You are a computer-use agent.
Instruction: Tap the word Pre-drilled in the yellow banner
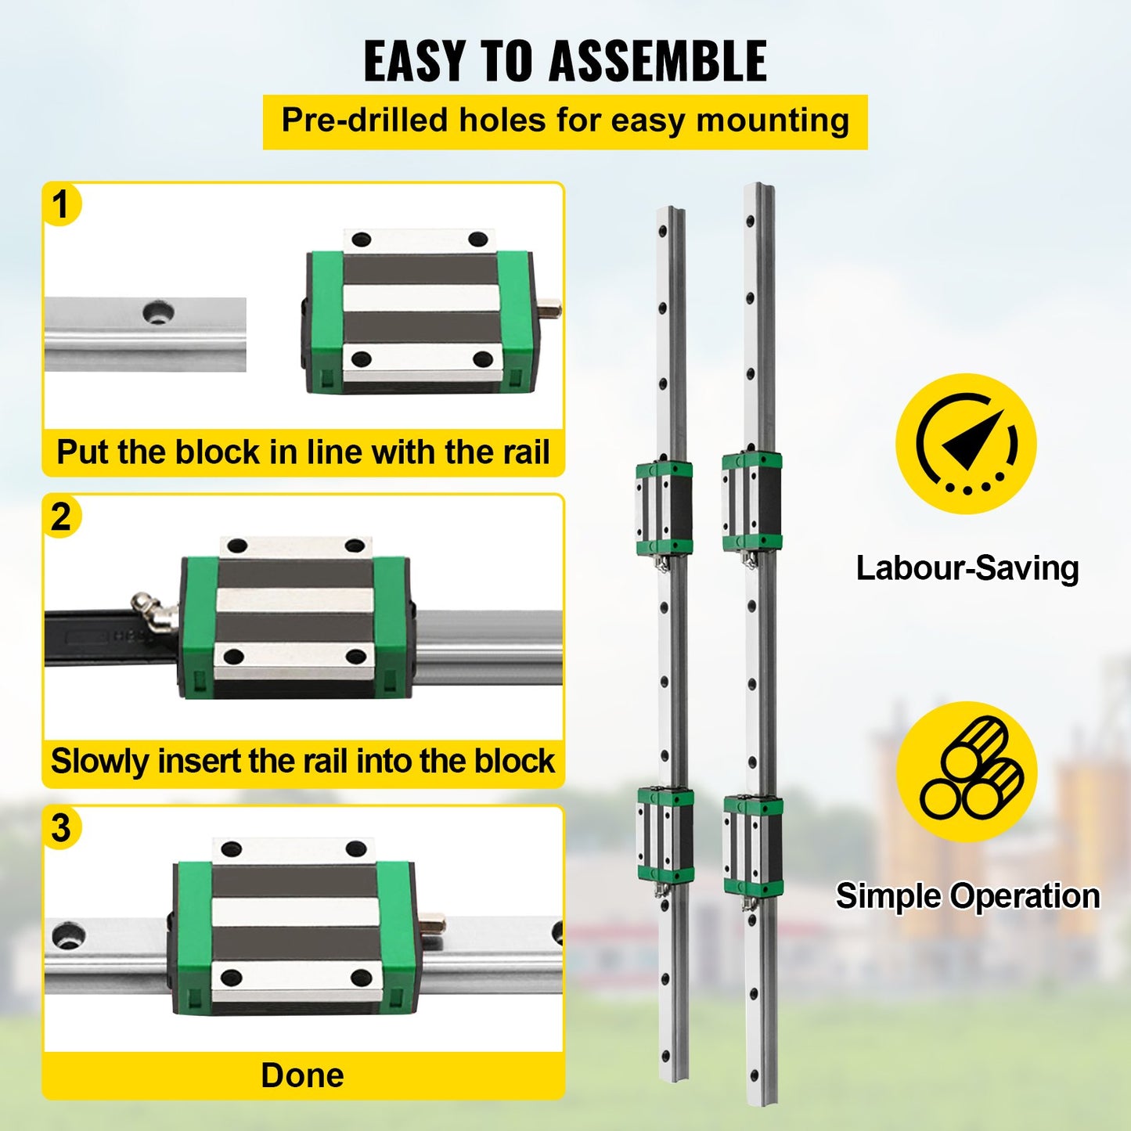point(364,121)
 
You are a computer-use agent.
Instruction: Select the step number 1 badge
point(61,205)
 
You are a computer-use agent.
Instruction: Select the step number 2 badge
point(61,517)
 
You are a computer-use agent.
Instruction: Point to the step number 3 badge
point(61,828)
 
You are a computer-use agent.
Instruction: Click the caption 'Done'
point(302,1075)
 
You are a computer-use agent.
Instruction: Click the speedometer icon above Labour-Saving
point(966,444)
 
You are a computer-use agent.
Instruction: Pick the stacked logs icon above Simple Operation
point(966,771)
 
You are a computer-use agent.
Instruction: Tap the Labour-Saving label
point(967,568)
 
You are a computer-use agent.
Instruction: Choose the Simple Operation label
point(967,896)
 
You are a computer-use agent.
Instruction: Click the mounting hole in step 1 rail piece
point(158,312)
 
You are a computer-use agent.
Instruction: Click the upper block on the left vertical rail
point(664,509)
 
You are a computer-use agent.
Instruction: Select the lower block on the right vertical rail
point(752,845)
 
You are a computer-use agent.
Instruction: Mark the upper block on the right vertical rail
point(751,501)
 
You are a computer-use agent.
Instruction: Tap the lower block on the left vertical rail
point(665,836)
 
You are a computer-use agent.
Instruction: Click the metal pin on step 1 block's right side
point(551,309)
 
